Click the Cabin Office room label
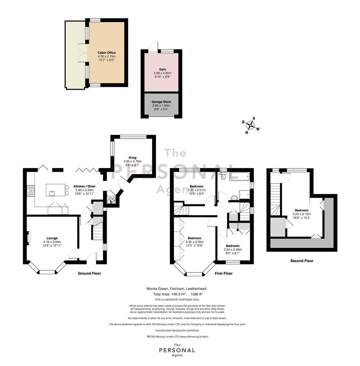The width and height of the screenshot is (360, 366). pos(107,53)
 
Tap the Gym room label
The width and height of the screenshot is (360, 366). pos(163,69)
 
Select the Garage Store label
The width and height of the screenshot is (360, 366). pos(161,102)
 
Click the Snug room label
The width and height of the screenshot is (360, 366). pos(132,158)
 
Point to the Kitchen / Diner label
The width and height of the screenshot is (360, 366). pos(84,186)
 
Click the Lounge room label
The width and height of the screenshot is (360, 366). pos(52,238)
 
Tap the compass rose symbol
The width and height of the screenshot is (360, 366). pos(251,126)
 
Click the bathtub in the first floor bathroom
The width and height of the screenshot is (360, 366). pos(240,177)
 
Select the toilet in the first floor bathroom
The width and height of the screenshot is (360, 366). pos(223,175)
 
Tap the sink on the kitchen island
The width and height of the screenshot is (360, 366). pos(52,193)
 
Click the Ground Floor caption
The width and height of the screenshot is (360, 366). pos(89,273)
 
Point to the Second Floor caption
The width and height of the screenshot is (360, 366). pos(302,261)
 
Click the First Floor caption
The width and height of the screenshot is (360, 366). pos(224,273)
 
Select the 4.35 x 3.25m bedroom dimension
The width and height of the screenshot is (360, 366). pos(195,242)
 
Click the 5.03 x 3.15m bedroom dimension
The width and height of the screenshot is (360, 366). pos(302,214)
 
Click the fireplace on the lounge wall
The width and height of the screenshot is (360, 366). pos(29,238)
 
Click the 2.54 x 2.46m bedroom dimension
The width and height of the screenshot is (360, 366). pos(233,249)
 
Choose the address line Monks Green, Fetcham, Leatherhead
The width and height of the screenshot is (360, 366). pos(176,289)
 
